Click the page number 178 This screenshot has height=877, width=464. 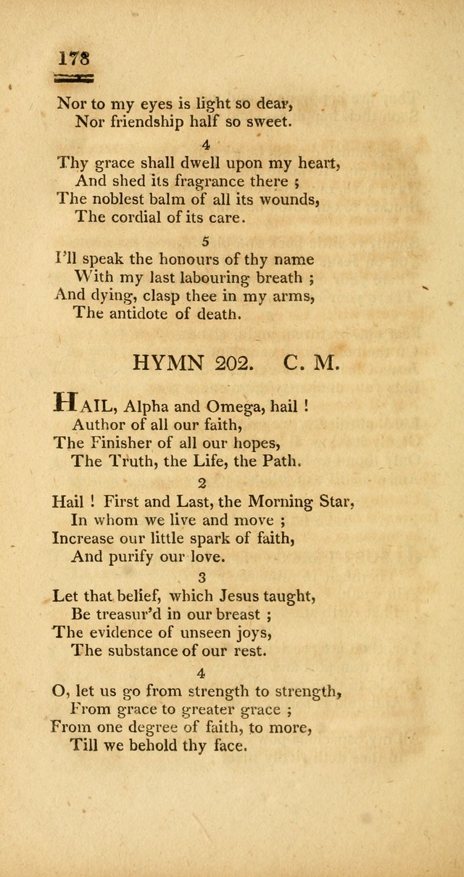tap(74, 58)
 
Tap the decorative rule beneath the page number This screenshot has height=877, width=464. tap(75, 78)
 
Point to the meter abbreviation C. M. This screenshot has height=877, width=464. tap(311, 363)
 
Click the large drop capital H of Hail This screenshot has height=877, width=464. tap(66, 403)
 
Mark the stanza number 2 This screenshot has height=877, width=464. tap(202, 482)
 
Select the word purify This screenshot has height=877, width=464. tap(148, 558)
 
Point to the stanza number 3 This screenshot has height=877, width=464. tap(202, 578)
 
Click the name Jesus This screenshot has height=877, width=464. tap(230, 596)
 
